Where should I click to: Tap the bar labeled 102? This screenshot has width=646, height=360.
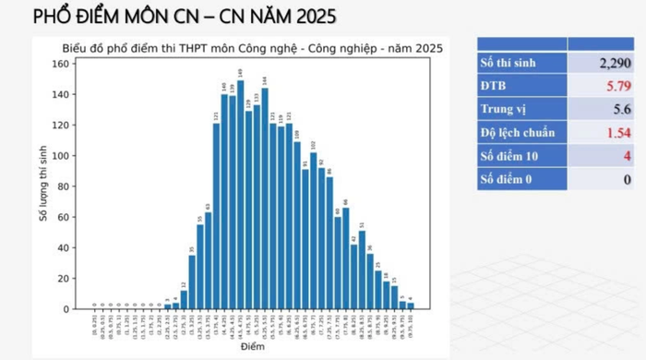[314, 231]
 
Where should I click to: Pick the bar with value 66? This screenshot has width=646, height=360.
[346, 258]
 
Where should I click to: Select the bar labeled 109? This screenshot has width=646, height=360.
[297, 226]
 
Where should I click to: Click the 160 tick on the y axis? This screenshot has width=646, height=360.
[61, 64]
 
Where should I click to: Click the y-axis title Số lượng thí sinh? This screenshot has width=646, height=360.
[42, 185]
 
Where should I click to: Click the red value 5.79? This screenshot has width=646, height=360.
[616, 86]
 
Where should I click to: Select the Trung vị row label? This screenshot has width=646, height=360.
[501, 109]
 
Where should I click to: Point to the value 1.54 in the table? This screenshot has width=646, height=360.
[616, 132]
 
